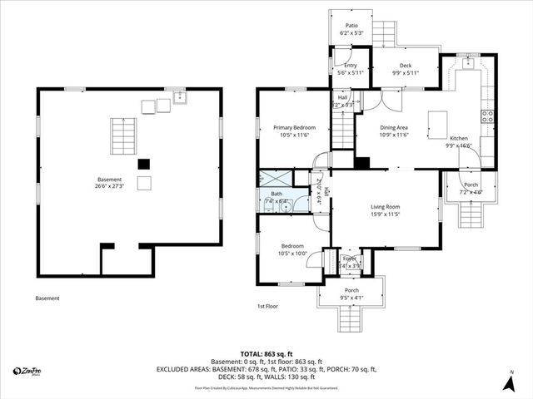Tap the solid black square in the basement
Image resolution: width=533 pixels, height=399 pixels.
pos(144,164)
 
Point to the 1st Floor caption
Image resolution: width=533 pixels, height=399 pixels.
pos(267,306)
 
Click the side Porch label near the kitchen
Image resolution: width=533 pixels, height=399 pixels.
pos(471,188)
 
